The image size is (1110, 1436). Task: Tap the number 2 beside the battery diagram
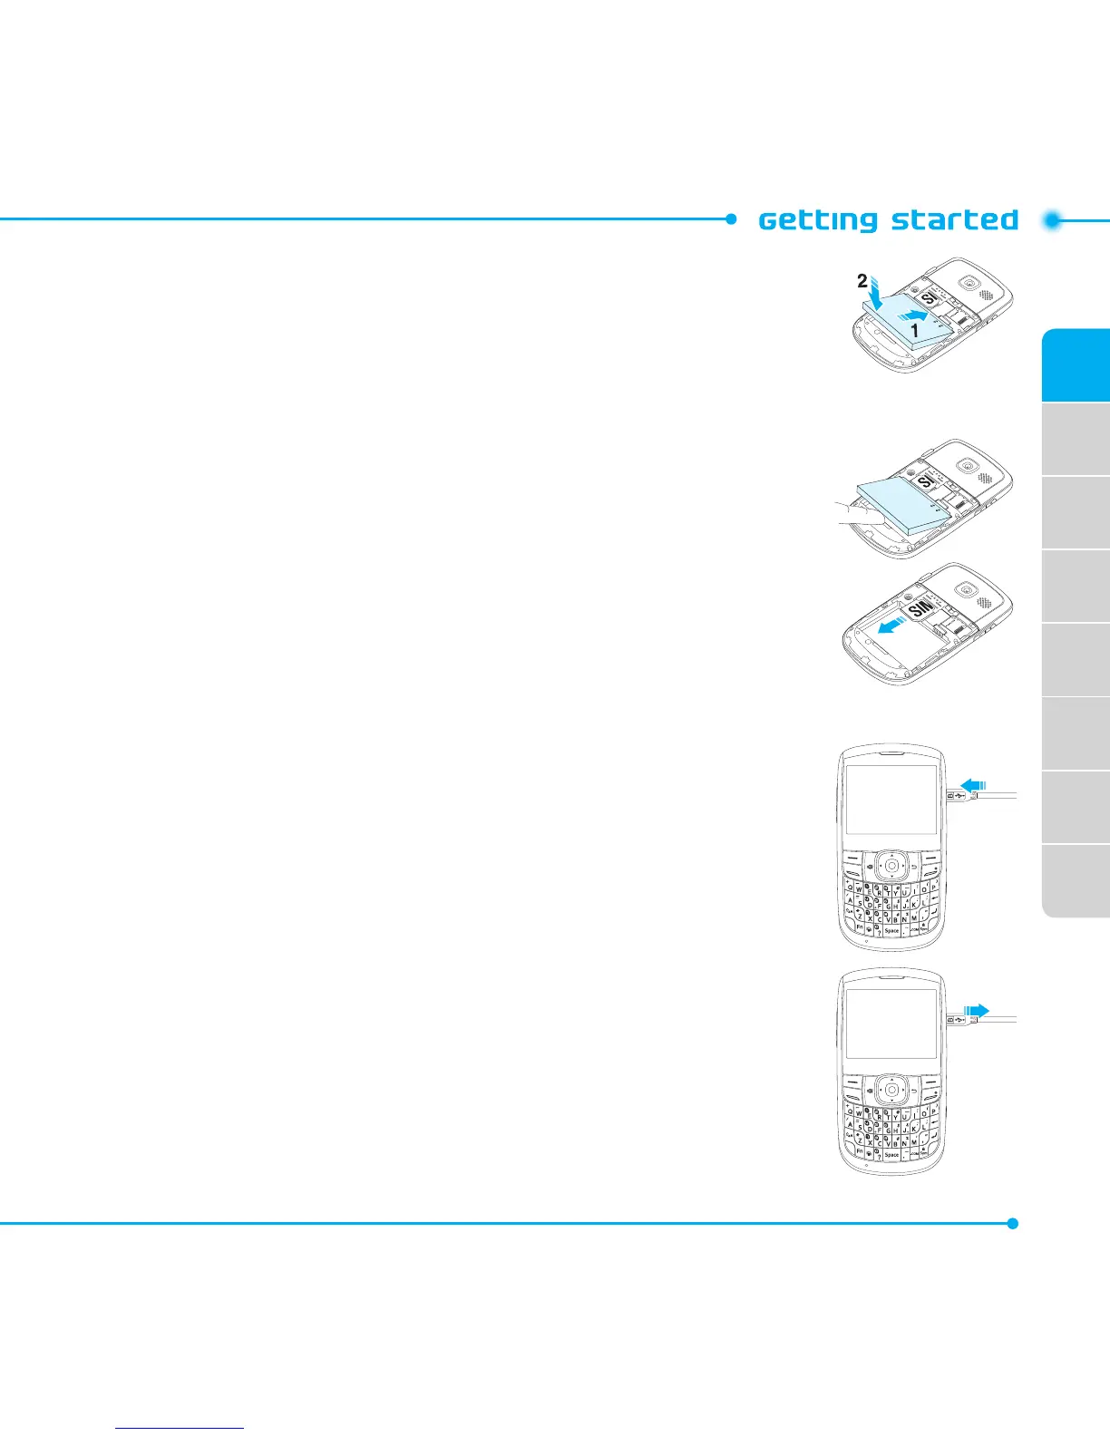862,282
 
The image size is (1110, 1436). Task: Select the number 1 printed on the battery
915,332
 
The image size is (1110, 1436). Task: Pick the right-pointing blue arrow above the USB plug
976,1010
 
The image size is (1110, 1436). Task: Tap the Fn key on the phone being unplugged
859,1151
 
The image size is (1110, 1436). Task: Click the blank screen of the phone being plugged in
891,800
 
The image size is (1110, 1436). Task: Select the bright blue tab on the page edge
1076,364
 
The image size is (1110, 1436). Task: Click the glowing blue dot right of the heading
1052,220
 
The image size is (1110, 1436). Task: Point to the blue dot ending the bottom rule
1013,1223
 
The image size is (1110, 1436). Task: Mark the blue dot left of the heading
731,218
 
